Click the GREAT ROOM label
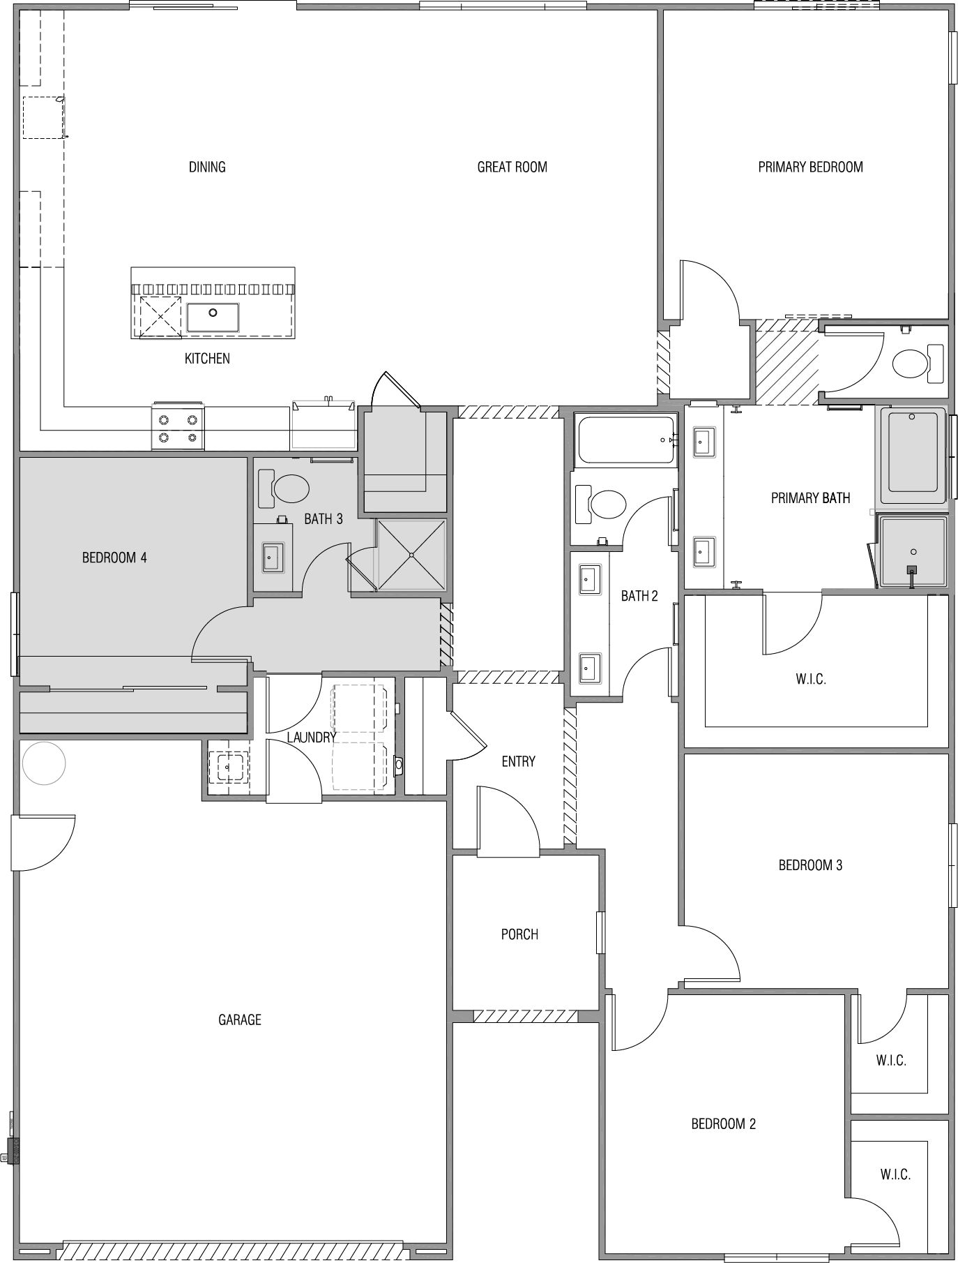pos(512,167)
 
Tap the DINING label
pos(207,167)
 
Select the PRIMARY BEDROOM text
pos(810,167)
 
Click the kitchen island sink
pos(213,317)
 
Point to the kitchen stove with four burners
pos(178,426)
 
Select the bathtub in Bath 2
pos(625,440)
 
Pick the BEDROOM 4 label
pos(114,558)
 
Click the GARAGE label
pos(240,1019)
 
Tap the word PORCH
pos(519,934)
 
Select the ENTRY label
pos(518,761)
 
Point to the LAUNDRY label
pos(312,737)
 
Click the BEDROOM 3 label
pos(810,865)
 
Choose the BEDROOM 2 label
pos(723,1123)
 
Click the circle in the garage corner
pos(44,763)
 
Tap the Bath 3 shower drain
pos(412,555)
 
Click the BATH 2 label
pos(639,596)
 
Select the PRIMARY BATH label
pos(810,498)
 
